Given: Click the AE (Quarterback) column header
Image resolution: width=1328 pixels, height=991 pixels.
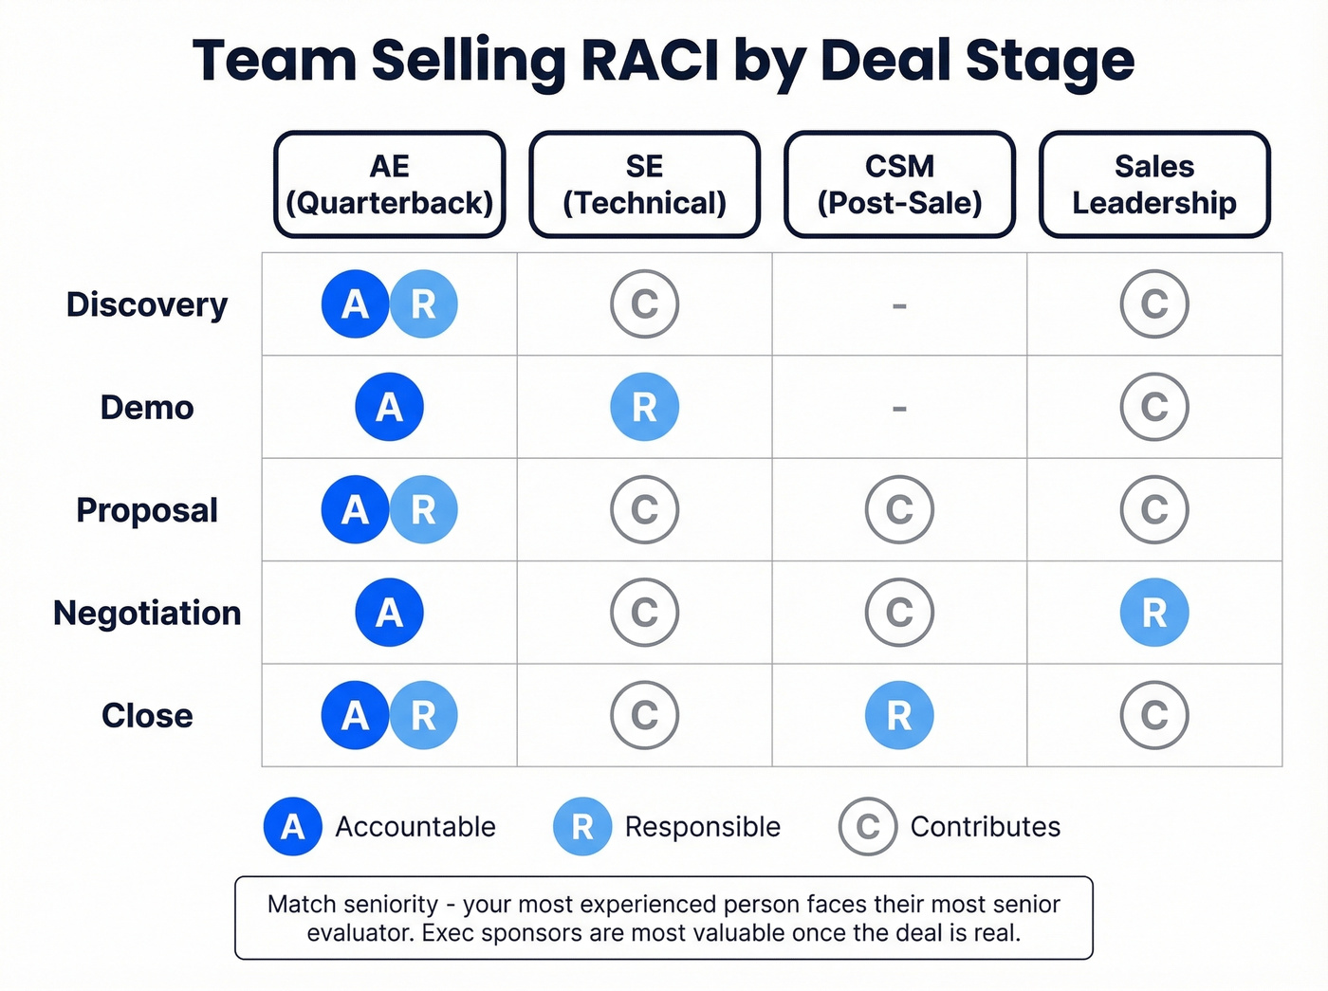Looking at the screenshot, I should (389, 184).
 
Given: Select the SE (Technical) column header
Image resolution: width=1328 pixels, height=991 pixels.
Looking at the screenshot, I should (644, 184).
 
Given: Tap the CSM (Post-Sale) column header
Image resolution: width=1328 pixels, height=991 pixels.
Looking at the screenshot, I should (899, 184).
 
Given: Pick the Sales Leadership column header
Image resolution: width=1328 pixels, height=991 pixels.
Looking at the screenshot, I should (1154, 184).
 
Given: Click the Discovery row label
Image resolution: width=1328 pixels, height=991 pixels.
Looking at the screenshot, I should (147, 304).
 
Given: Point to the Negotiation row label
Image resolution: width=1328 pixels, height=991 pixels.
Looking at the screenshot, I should (147, 613).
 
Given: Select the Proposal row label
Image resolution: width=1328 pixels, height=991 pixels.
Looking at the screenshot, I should (147, 510).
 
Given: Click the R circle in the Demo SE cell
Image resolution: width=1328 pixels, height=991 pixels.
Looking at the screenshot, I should (644, 407).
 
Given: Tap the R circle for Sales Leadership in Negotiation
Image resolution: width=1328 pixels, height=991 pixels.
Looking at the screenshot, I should (1154, 613).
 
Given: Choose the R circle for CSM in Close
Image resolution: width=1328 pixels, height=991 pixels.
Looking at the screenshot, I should (899, 715).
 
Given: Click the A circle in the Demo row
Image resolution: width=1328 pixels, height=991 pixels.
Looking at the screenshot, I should (389, 407).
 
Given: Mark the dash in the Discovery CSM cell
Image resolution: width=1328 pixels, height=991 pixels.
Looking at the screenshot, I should (899, 305).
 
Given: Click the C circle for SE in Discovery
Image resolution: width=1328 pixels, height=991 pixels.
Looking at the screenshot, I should (644, 304).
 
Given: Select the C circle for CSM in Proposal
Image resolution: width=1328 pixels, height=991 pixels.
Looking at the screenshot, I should (899, 510).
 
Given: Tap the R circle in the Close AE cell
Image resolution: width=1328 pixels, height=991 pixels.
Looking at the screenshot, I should (423, 715).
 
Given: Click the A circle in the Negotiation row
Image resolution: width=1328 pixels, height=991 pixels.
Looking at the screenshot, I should (389, 613).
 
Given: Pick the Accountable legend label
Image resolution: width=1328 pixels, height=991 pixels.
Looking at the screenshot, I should (415, 827).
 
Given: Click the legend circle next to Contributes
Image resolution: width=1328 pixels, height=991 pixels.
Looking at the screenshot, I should (867, 827).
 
